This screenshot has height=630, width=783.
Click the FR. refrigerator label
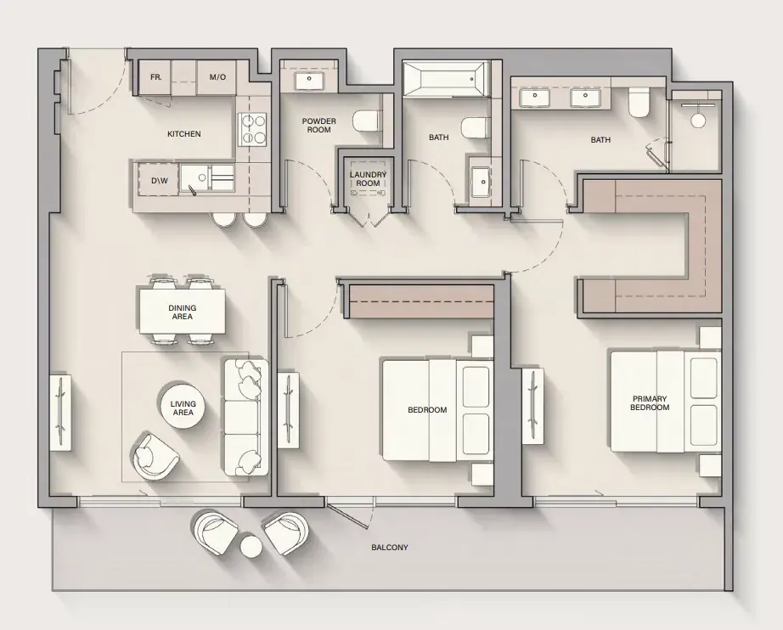click(x=155, y=77)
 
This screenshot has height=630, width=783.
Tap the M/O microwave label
click(x=217, y=77)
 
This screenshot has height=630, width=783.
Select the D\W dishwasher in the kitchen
click(x=159, y=180)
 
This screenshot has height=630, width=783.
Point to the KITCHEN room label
click(x=183, y=134)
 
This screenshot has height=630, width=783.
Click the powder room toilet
click(x=366, y=121)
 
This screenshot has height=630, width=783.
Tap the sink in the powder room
click(x=309, y=80)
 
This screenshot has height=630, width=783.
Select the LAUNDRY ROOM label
click(x=368, y=178)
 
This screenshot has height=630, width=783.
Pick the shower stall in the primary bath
click(x=696, y=132)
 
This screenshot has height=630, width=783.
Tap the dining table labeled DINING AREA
click(x=182, y=312)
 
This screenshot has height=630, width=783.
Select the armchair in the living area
click(x=155, y=456)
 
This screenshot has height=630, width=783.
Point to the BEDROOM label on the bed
click(x=427, y=410)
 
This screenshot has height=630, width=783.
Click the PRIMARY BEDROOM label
click(x=650, y=402)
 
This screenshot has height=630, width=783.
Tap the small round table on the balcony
click(x=251, y=546)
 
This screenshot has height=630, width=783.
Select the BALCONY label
click(x=390, y=547)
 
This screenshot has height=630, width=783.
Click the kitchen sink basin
click(x=195, y=177)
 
